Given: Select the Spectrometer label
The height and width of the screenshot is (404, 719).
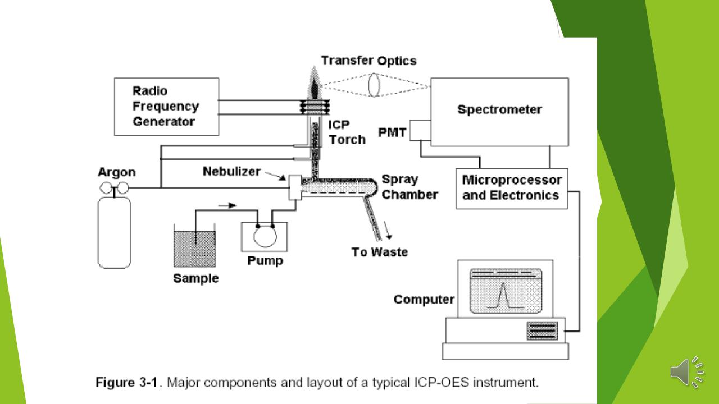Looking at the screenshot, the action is coord(499,109).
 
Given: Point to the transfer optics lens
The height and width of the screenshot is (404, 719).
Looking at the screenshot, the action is coord(374,85).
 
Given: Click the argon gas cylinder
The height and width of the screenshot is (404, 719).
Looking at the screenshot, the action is coord(114,232).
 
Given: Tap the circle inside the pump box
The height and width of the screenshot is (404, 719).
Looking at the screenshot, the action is coord(265,236).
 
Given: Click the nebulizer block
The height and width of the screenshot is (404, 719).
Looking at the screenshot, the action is coord(295,187).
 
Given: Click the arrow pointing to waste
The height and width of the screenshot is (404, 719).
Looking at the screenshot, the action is coord(388,230).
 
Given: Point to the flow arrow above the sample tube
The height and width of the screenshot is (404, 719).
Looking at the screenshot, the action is coord(227,205).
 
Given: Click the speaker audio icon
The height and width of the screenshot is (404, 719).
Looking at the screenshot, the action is coord(687,372).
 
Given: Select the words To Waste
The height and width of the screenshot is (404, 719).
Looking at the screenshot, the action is coord(379,252).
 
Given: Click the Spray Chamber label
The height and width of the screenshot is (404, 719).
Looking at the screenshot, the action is coord(409,187).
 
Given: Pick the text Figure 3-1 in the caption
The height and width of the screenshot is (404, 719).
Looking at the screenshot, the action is coord(126,383).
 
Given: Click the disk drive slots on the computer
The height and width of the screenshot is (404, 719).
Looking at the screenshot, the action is coord(542,331).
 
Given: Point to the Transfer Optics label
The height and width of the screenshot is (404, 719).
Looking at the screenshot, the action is coord(369,61).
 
